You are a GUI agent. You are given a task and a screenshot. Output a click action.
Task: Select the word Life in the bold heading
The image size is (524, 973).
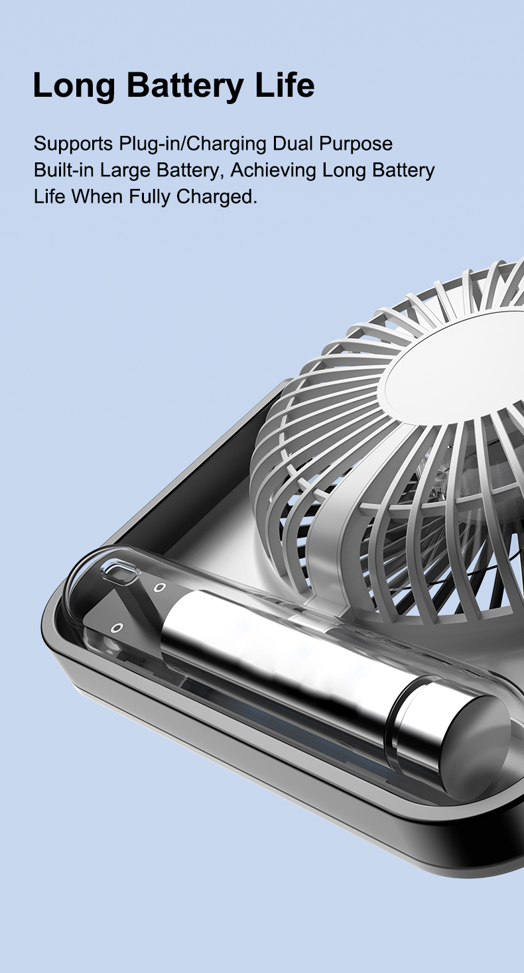click(x=285, y=84)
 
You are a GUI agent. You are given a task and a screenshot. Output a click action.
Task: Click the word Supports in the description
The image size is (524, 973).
click(x=73, y=144)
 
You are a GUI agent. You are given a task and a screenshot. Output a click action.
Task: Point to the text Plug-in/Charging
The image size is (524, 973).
click(x=192, y=144)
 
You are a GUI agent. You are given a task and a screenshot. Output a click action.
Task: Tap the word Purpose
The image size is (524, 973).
click(x=356, y=144)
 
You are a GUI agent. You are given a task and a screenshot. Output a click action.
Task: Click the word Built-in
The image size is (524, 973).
click(x=64, y=170)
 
